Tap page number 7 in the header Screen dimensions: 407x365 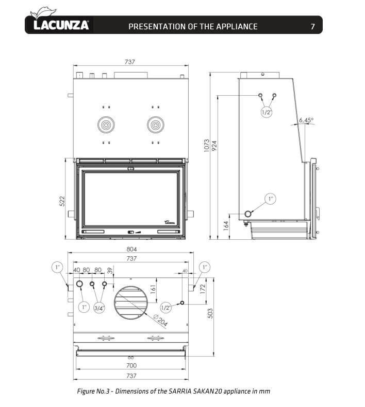point(313,26)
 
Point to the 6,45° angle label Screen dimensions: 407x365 point(305,120)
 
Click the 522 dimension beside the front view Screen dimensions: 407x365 point(62,200)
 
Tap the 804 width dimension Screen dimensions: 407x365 point(132,250)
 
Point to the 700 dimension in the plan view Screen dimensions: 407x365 point(131,366)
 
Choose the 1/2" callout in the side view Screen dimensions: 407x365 point(267,112)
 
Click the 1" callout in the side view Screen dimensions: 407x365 point(271,198)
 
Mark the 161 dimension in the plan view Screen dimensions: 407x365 point(153,289)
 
